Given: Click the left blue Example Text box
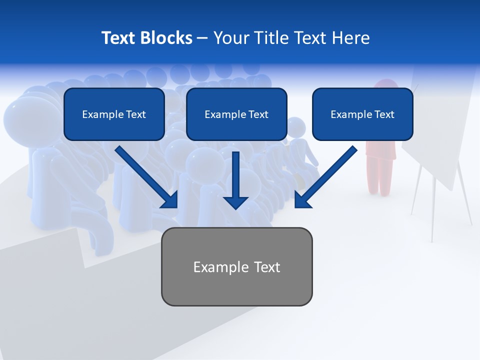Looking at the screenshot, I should [114, 114].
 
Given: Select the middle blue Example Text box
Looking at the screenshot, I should [236, 114].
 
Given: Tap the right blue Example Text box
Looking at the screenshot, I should [362, 114].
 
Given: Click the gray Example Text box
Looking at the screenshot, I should [236, 266].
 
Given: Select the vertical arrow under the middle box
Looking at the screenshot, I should [235, 177].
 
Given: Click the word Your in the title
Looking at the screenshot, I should [230, 38].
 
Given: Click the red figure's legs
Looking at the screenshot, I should [379, 177].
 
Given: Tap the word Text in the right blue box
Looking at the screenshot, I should [384, 114].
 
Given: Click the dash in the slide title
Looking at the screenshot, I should [202, 38].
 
